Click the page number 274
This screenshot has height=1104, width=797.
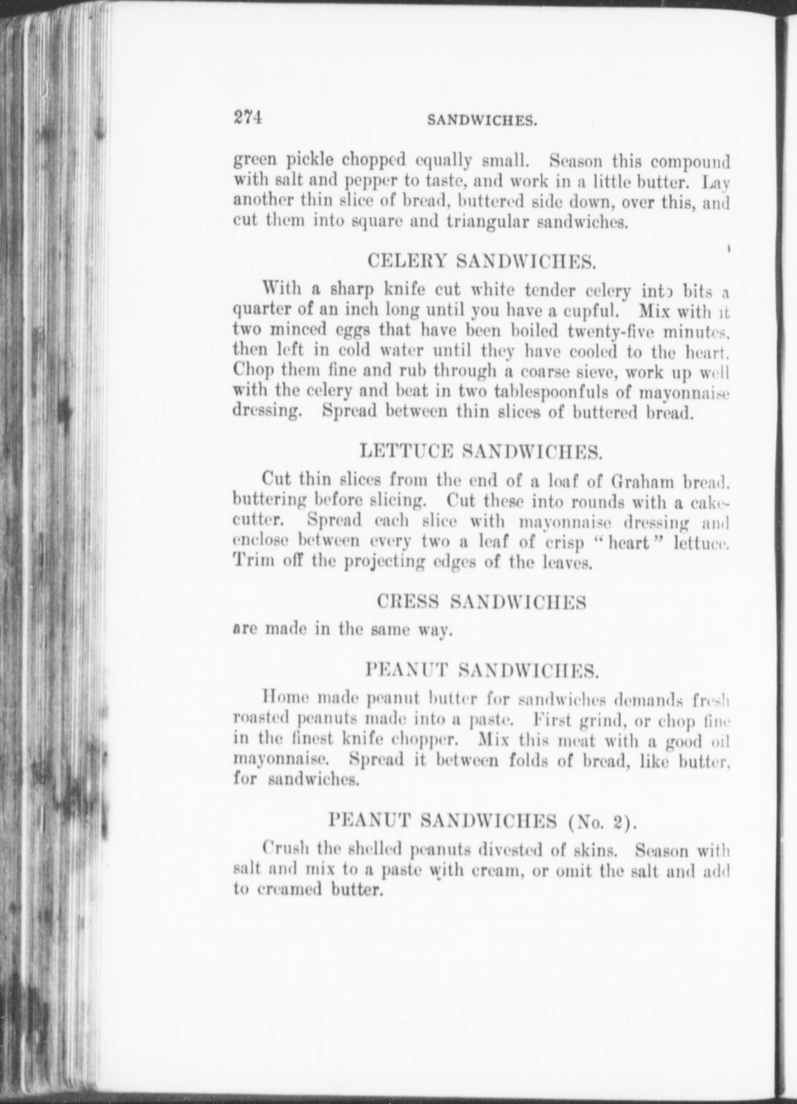point(248,117)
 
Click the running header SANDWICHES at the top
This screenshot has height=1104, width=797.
point(482,120)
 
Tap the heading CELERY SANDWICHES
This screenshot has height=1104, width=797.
point(482,261)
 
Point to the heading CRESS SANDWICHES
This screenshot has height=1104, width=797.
point(482,602)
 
